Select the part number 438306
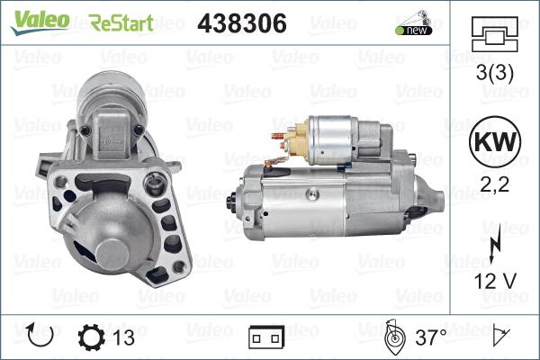[x=241, y=23]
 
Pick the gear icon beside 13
[x=93, y=337]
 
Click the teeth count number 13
[x=124, y=337]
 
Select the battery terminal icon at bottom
[x=266, y=338]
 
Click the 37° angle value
[x=430, y=337]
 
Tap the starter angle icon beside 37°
[x=392, y=337]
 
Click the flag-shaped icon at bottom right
[x=501, y=337]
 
